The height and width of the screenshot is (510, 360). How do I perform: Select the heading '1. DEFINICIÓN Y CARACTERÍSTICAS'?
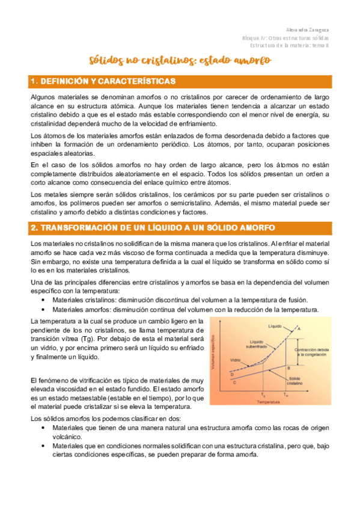point(103,81)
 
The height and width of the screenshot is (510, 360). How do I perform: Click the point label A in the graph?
point(299,328)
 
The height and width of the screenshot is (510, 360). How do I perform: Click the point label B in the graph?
point(289,367)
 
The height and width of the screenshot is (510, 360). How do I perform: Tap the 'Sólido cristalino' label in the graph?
point(294,381)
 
